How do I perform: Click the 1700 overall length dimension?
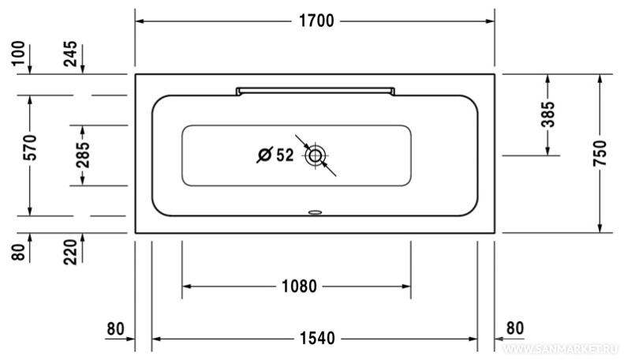316,21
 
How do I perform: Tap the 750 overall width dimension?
600,153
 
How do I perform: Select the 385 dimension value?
548,114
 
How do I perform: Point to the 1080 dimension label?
299,287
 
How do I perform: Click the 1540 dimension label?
317,339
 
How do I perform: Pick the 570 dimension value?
30,148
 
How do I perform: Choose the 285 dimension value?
83,155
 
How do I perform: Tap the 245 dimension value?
70,54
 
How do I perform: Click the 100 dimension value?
18,54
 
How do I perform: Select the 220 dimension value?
70,252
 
